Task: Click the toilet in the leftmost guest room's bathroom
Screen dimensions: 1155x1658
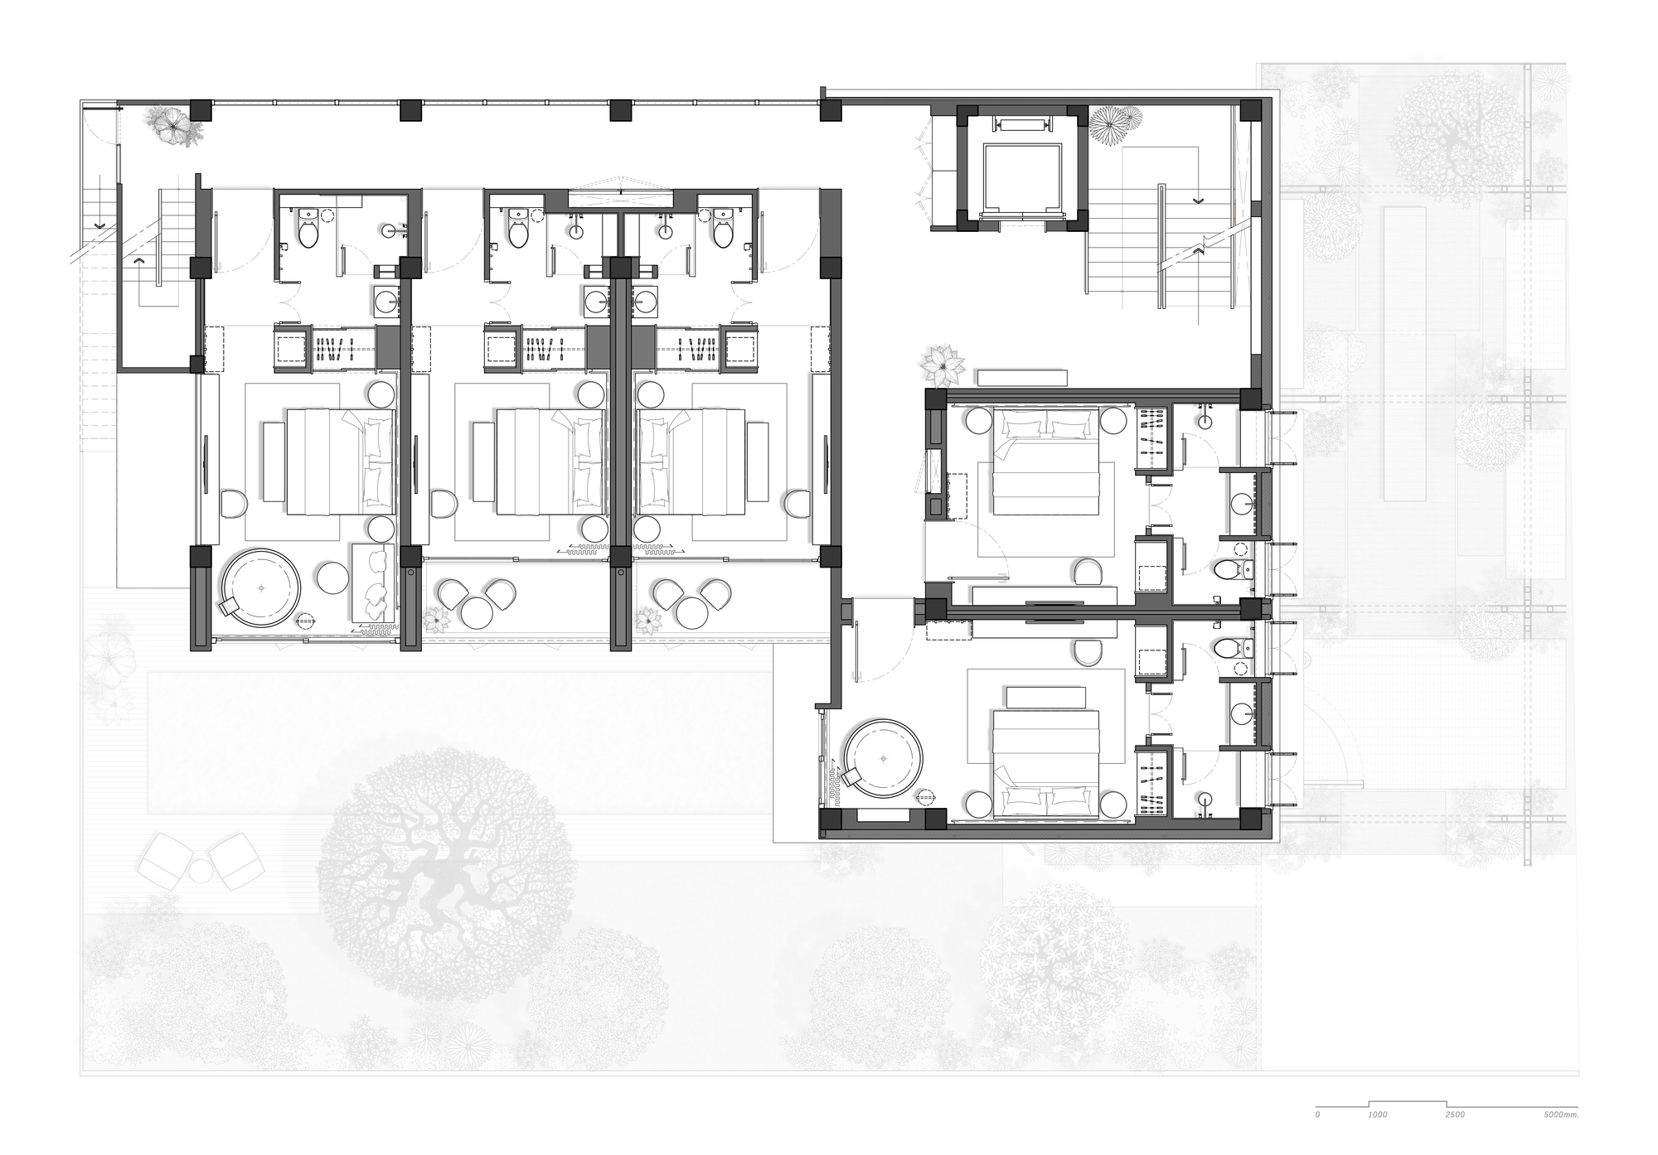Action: [x=308, y=233]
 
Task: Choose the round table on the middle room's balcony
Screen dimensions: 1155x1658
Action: [x=477, y=614]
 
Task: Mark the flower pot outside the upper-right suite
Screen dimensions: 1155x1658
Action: [x=943, y=365]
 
